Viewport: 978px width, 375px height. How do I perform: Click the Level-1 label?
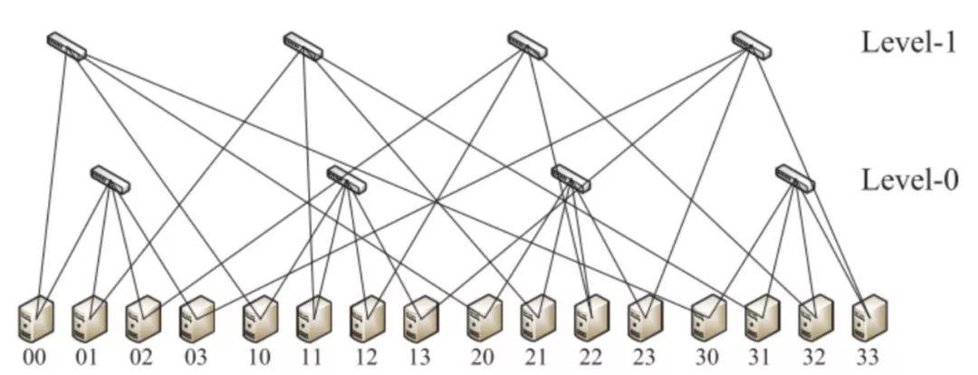(x=907, y=43)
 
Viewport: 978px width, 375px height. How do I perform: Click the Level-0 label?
(x=907, y=179)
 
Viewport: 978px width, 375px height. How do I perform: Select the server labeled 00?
(x=36, y=319)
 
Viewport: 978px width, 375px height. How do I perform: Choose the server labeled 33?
(x=869, y=319)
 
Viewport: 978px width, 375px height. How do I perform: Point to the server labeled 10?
(x=261, y=319)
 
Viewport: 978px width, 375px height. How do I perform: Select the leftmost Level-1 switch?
(x=67, y=45)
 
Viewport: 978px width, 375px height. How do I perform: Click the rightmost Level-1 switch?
(x=751, y=45)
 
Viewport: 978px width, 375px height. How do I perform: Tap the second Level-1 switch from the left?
(x=302, y=45)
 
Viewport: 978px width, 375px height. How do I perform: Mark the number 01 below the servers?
(x=87, y=358)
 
